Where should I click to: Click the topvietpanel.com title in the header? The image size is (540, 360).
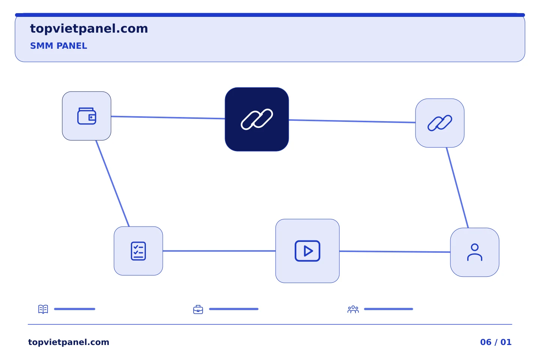point(89,29)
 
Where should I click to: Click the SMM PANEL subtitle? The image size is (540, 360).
point(58,46)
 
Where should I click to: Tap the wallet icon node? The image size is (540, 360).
point(87,116)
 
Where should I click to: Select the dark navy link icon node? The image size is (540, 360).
point(257,119)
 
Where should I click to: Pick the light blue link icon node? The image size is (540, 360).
point(440,123)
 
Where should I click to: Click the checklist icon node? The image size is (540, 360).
point(138,251)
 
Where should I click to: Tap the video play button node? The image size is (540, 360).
point(307,251)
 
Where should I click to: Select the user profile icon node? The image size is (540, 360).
point(475,252)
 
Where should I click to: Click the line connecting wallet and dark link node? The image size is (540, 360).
point(168,117)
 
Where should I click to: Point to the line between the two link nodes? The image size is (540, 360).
point(352,121)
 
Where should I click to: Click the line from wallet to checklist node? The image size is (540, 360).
point(112,183)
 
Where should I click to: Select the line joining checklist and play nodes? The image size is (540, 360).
point(219,251)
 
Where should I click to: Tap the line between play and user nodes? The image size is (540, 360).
point(395,252)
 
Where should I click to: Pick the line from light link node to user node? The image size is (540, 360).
point(457,187)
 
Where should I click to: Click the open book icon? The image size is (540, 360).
point(43,309)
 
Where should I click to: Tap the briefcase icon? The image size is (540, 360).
point(198,309)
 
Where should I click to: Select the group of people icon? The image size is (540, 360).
point(353,309)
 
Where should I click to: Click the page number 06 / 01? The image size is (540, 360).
point(496,342)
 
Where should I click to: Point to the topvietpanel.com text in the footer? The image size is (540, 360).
point(69,342)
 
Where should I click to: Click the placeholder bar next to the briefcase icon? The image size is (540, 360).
point(234,309)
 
